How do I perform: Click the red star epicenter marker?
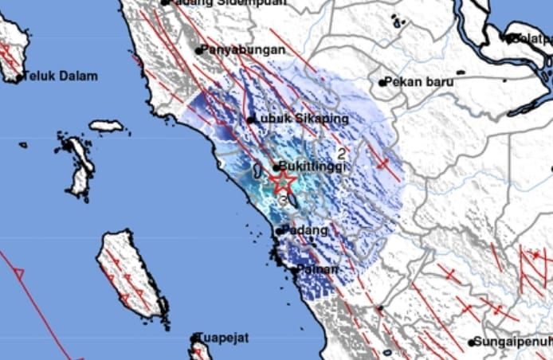(282, 182)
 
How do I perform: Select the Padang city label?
(305, 230)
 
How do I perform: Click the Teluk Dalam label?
(61, 76)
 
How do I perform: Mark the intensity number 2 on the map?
(342, 153)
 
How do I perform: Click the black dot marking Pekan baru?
(382, 82)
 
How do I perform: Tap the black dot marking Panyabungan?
(199, 50)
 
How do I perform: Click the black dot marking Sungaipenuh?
(472, 342)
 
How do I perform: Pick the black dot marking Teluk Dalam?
(19, 77)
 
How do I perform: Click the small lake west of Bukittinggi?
(257, 170)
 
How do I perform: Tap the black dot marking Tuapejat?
(194, 338)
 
